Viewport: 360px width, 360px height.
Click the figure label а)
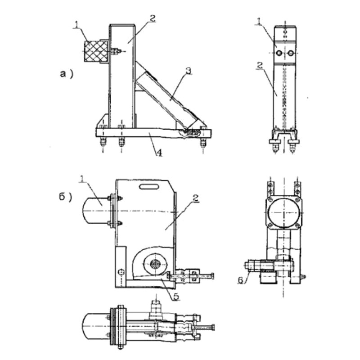point(67,74)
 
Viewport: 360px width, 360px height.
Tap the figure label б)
point(66,197)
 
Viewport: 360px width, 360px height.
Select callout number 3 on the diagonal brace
point(188,71)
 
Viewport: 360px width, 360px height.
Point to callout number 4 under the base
point(159,153)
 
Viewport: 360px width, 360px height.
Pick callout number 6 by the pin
point(240,280)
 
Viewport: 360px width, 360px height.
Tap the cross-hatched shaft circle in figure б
point(155,264)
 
